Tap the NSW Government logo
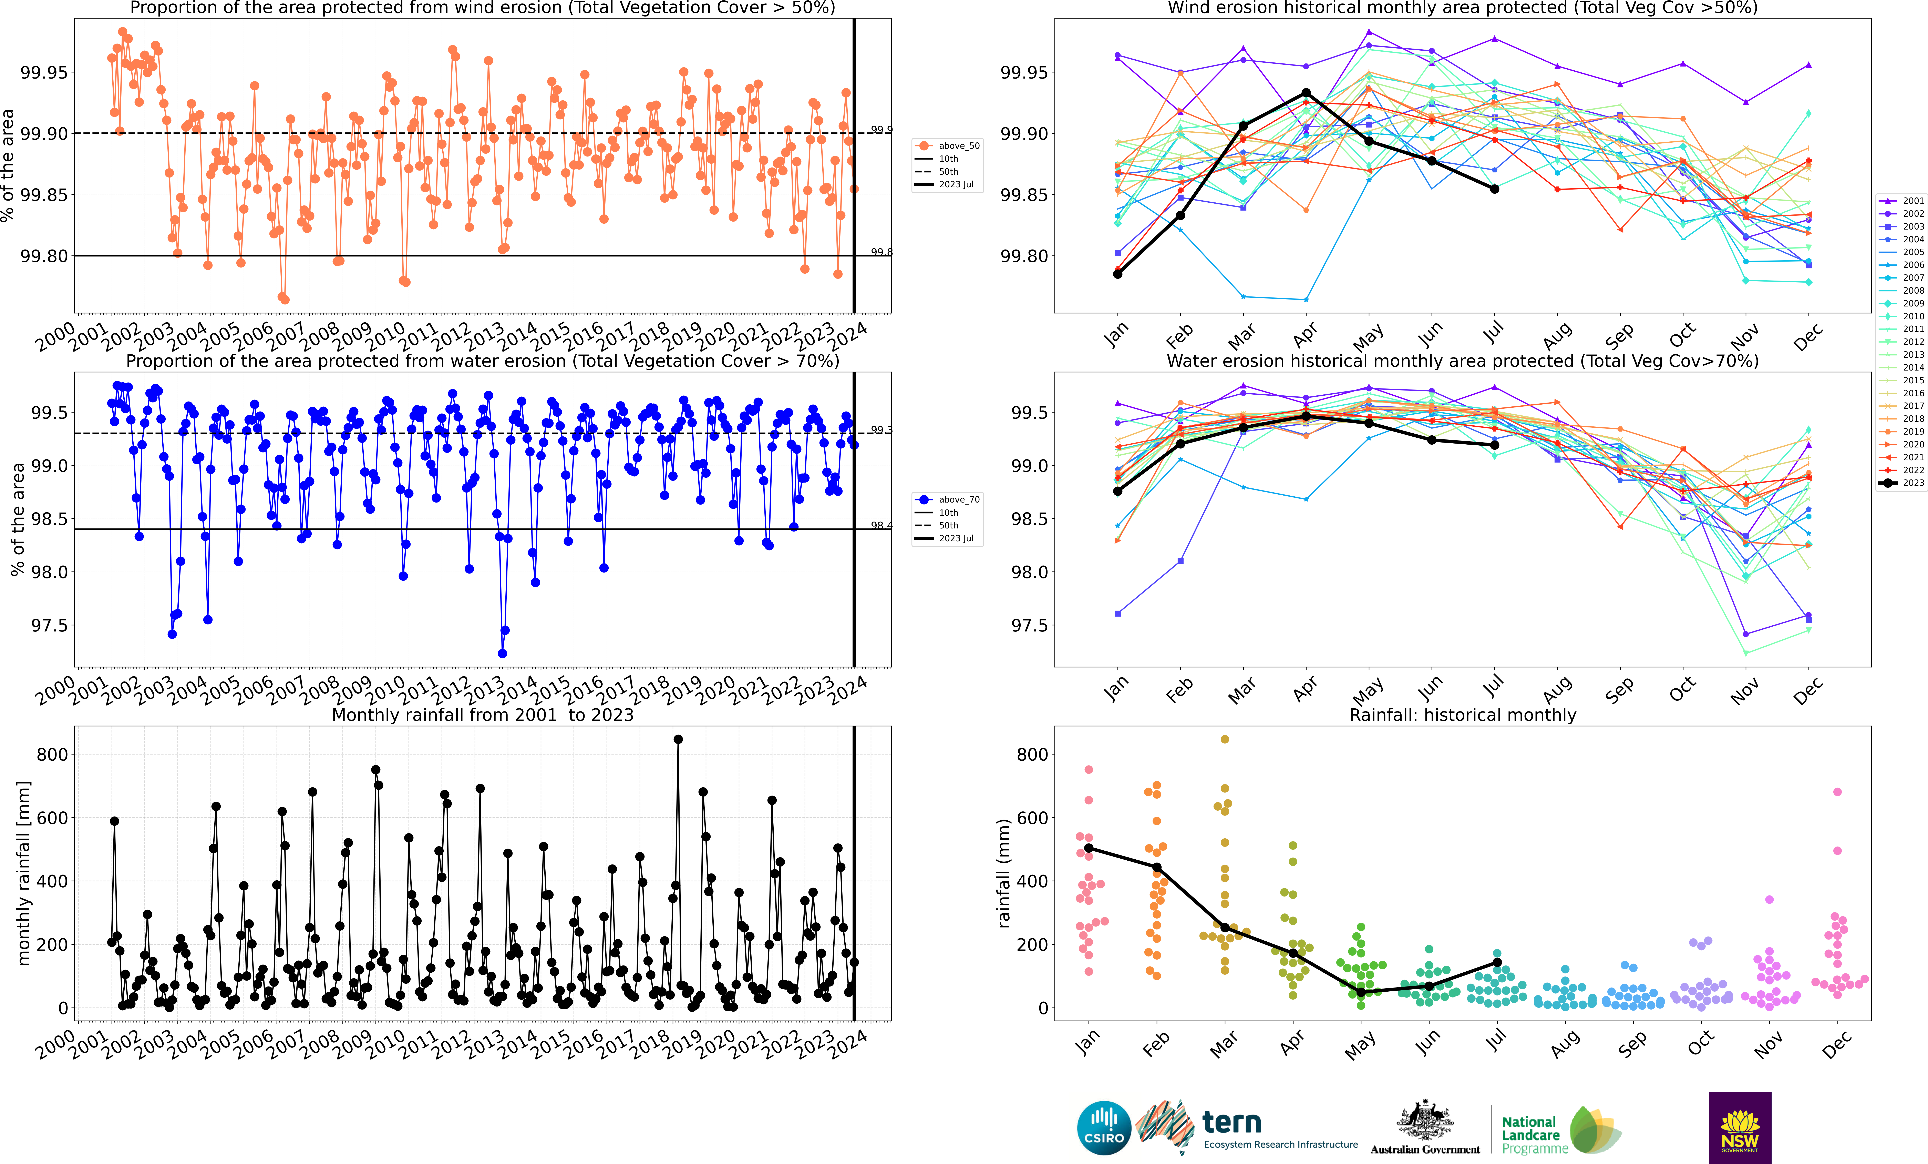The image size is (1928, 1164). (x=1739, y=1128)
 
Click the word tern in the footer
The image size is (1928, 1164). (x=1232, y=1123)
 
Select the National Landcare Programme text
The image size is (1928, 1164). (x=1534, y=1135)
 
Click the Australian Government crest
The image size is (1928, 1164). (x=1425, y=1121)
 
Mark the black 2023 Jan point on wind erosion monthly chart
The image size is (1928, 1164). (x=1117, y=274)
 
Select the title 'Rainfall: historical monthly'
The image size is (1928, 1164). (x=1462, y=715)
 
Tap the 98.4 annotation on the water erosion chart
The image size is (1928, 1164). (x=881, y=525)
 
